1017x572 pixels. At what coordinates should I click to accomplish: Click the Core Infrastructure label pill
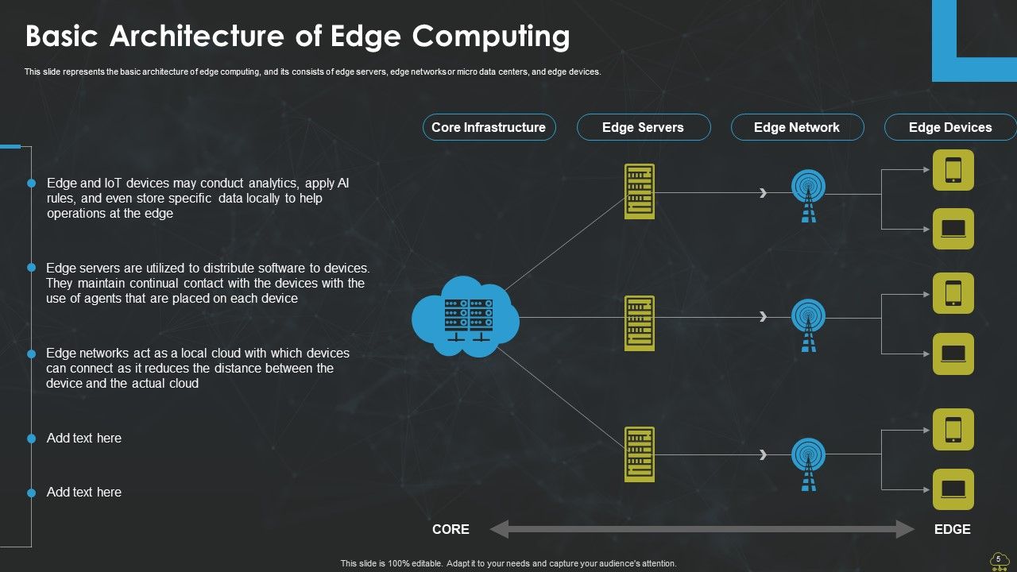coord(488,127)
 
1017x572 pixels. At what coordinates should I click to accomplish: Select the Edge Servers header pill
coord(643,127)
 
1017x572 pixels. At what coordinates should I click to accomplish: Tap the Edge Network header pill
coord(797,127)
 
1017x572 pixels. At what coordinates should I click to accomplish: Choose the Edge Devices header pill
coord(950,127)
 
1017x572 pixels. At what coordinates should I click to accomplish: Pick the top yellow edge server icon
coord(640,191)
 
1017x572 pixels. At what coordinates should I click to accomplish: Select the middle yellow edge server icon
coord(640,323)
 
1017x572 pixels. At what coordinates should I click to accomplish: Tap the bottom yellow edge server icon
coord(640,454)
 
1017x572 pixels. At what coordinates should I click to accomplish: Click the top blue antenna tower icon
coord(808,195)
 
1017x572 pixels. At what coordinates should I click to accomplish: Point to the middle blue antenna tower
coord(808,325)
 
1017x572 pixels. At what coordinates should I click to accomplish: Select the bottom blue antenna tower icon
coord(808,464)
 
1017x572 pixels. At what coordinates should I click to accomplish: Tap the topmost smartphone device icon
coord(953,170)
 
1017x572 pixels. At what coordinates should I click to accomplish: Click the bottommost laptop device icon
coord(953,489)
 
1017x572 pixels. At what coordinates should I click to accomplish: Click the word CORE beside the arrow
coord(450,529)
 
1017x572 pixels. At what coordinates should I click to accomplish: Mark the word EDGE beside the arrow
coord(952,529)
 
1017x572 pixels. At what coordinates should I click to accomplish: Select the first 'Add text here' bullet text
coord(84,438)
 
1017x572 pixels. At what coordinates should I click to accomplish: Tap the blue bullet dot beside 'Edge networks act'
coord(32,354)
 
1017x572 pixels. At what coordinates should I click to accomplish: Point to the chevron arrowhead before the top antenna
coord(764,192)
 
